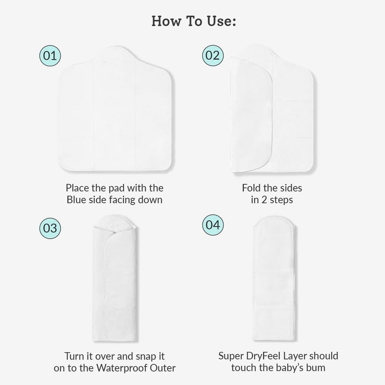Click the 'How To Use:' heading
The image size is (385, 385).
coord(192,21)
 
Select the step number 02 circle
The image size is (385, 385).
coord(212,55)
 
